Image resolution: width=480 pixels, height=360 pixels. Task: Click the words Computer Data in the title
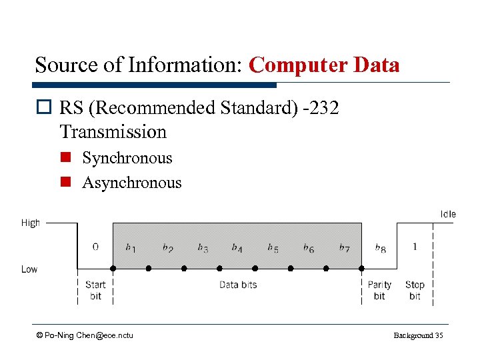point(324,65)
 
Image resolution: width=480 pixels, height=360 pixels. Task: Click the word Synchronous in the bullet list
point(127,158)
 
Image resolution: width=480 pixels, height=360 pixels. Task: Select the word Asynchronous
point(131,183)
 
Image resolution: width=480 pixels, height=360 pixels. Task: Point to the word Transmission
point(113,132)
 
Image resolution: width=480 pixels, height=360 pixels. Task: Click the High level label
point(31,223)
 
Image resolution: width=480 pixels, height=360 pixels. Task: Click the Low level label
point(29,269)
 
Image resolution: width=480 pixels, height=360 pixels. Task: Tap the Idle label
point(448,214)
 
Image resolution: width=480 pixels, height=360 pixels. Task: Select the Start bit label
point(95,290)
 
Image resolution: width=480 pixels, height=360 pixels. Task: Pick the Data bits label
point(238,285)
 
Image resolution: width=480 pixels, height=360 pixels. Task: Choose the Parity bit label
point(379,290)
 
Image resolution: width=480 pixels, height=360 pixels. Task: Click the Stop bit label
point(415,290)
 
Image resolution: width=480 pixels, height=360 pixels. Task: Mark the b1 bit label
point(131,248)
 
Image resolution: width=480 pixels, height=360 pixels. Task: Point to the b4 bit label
point(237,248)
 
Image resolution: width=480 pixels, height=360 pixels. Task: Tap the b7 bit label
point(344,248)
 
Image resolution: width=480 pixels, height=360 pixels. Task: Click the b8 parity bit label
point(380,248)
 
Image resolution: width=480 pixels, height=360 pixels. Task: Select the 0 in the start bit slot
point(95,247)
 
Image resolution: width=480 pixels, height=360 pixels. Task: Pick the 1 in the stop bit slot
point(415,247)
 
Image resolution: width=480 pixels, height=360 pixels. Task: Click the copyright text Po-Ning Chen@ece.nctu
point(85,335)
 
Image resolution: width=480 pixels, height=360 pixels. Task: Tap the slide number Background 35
point(418,335)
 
